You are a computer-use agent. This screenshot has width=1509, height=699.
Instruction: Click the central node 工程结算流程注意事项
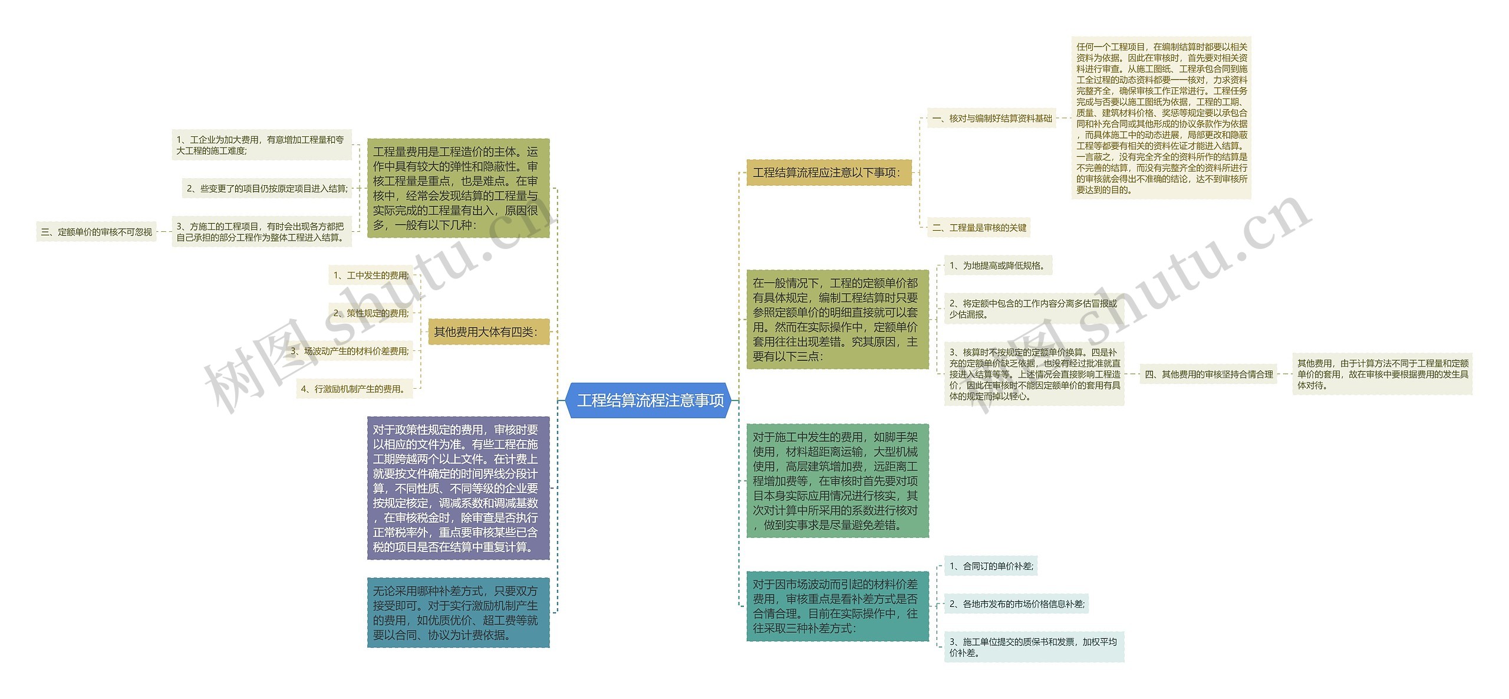650,401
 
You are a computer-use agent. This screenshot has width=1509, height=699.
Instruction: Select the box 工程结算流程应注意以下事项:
828,172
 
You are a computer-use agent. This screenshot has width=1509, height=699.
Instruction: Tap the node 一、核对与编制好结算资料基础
991,119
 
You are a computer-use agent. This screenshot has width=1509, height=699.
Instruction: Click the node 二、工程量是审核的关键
979,228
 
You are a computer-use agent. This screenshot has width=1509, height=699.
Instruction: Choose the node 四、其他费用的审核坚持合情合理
1208,374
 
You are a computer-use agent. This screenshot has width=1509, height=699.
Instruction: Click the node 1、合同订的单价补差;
990,566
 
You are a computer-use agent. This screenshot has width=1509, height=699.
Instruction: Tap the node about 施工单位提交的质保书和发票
1033,647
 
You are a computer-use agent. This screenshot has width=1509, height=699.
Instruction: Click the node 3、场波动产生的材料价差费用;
350,351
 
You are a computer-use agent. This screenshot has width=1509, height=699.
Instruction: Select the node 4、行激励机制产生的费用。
354,389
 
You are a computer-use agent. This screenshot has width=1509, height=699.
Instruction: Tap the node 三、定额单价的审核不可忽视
96,232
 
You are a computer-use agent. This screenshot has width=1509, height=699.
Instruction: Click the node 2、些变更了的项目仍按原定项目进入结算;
267,189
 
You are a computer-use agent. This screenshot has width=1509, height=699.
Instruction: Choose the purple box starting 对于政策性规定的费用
458,488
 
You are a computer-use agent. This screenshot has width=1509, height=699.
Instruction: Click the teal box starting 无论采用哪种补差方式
458,612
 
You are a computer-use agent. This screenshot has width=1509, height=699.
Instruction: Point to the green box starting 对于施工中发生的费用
837,481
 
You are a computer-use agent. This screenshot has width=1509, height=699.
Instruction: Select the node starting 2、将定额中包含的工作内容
1033,309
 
